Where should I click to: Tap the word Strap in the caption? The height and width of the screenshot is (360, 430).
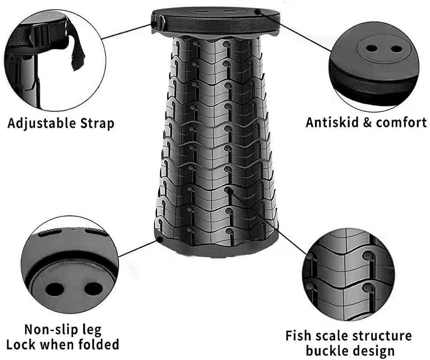[97, 124]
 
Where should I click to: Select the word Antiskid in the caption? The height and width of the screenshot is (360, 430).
[332, 122]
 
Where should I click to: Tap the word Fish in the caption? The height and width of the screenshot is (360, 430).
[297, 336]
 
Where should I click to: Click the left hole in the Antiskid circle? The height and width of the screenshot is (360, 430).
[372, 49]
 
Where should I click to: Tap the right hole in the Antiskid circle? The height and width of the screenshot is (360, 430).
[396, 49]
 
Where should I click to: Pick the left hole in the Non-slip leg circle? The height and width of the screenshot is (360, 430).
[54, 289]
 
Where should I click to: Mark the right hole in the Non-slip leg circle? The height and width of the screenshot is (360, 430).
[93, 289]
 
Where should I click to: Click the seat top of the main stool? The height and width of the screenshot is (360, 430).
[216, 12]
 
